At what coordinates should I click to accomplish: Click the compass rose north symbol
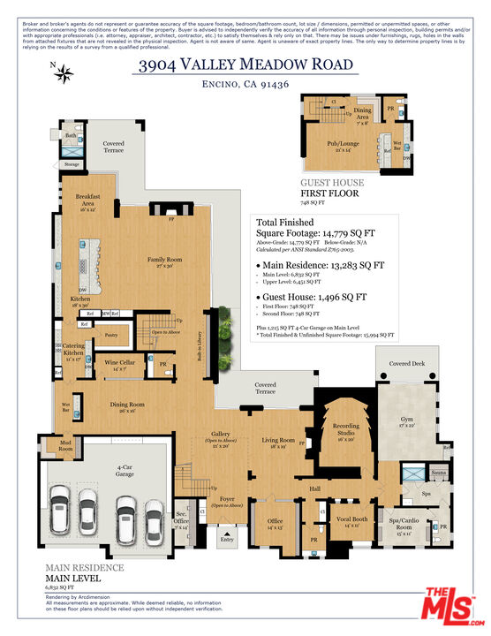click(x=63, y=74)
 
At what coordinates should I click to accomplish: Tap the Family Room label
click(x=164, y=262)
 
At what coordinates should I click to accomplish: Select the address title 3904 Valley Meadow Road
click(x=245, y=64)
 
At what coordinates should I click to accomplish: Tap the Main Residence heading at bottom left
click(x=85, y=568)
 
